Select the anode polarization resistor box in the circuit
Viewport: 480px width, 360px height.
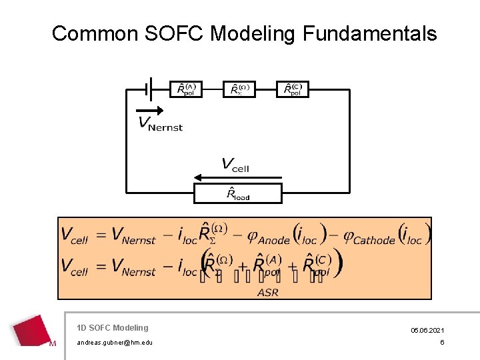tap(186, 89)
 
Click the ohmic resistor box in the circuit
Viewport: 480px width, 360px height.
tap(239, 89)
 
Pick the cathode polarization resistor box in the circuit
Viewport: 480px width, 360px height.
tap(293, 89)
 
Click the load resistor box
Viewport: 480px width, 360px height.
tap(238, 193)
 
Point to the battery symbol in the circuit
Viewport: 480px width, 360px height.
tap(150, 88)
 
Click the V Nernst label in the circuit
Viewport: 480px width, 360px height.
tap(160, 124)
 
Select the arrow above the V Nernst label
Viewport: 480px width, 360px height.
tap(149, 110)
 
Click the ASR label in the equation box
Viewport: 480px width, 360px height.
tap(267, 292)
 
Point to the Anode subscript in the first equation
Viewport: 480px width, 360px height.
tap(273, 240)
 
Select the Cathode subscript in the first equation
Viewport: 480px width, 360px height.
tap(374, 240)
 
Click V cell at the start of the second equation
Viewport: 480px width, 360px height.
tap(74, 267)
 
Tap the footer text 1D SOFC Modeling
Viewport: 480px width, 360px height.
tap(113, 327)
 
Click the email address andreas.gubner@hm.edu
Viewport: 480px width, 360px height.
tap(115, 342)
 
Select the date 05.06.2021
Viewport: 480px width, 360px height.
tap(428, 330)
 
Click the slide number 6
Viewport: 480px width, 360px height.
tap(441, 342)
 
